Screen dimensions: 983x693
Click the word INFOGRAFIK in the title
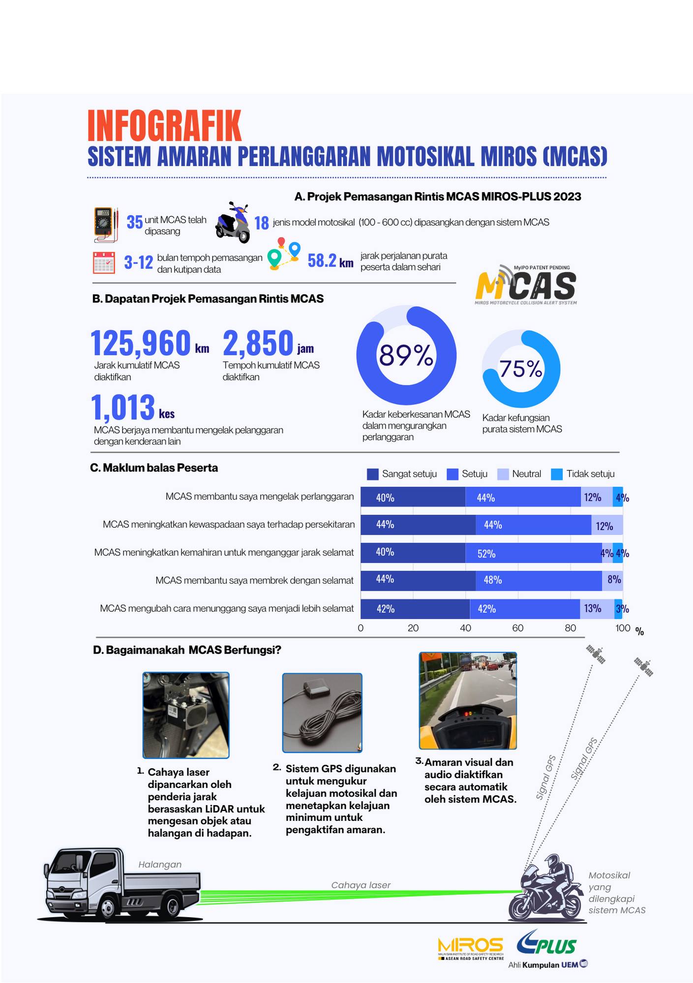point(164,126)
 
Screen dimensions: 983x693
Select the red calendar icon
point(104,262)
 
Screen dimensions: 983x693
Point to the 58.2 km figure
point(330,261)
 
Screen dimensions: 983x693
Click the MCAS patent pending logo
point(525,285)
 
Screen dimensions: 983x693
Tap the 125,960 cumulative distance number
point(141,343)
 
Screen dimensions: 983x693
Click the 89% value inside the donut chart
point(406,355)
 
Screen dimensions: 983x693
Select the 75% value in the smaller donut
point(521,369)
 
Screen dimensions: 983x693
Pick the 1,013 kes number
point(123,407)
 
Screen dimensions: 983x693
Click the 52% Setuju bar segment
point(533,553)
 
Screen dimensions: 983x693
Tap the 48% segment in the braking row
point(539,580)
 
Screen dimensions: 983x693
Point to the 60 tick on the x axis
point(518,628)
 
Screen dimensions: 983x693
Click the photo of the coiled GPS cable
point(322,713)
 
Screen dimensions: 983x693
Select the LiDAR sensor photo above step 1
point(186,715)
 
